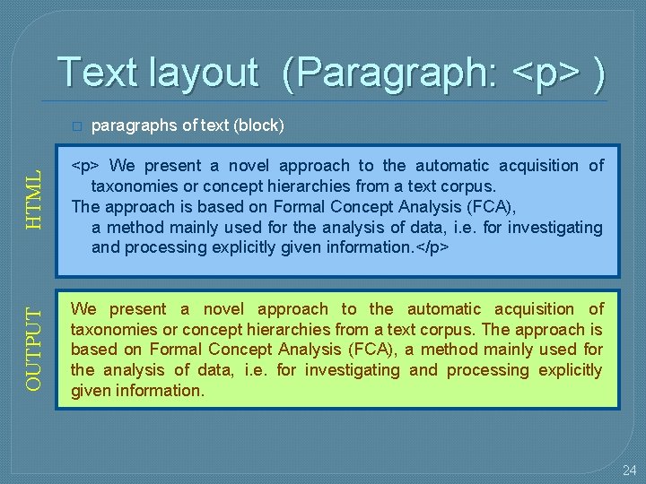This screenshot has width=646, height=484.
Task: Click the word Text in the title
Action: (x=94, y=73)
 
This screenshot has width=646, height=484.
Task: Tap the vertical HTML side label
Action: (x=33, y=200)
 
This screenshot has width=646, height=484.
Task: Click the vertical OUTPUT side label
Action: (x=33, y=349)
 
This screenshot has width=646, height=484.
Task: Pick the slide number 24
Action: (x=629, y=470)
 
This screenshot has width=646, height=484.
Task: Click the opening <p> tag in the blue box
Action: (x=86, y=166)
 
